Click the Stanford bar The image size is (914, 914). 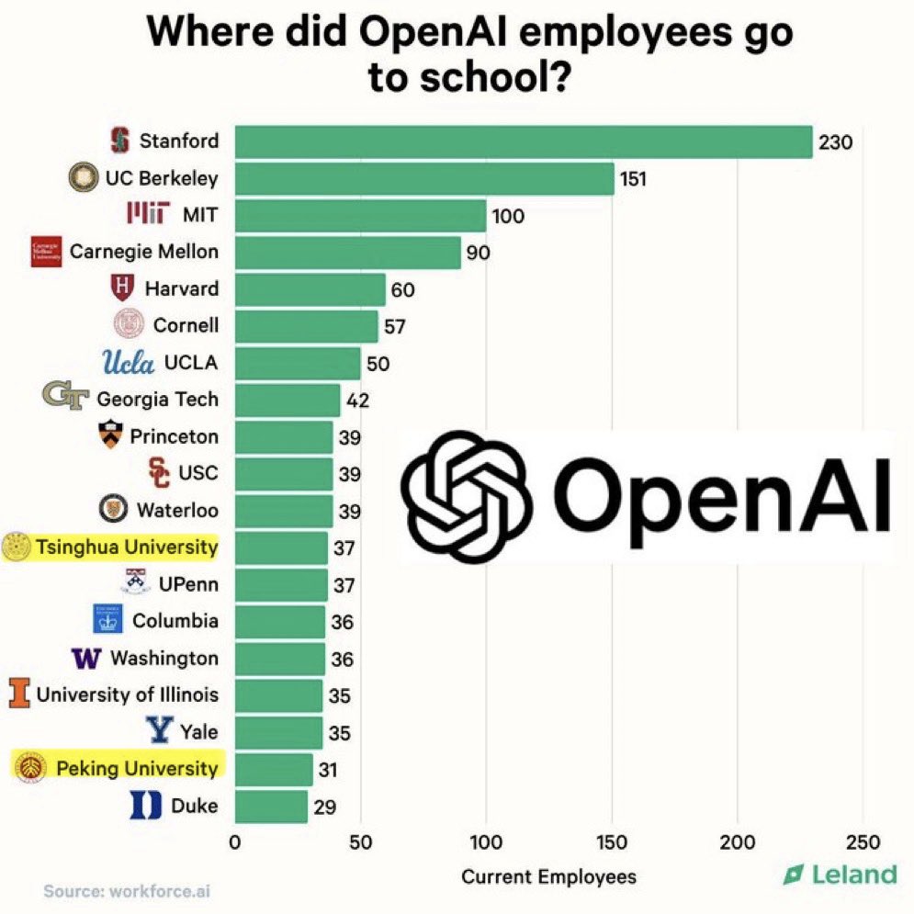pyautogui.click(x=524, y=141)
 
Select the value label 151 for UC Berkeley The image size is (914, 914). pyautogui.click(x=632, y=178)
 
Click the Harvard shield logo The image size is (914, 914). pyautogui.click(x=122, y=288)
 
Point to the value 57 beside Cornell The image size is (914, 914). pyautogui.click(x=396, y=326)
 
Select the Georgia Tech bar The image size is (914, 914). pyautogui.click(x=288, y=400)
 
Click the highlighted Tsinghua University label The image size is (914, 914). pyautogui.click(x=127, y=547)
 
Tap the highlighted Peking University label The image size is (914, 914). pyautogui.click(x=137, y=768)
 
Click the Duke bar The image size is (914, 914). pyautogui.click(x=271, y=806)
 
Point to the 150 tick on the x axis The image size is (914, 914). pyautogui.click(x=612, y=842)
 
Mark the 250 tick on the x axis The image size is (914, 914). pyautogui.click(x=862, y=842)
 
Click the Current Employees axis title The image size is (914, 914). pyautogui.click(x=548, y=876)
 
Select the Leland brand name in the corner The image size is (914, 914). pyautogui.click(x=853, y=875)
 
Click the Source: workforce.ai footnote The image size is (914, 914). pyautogui.click(x=128, y=891)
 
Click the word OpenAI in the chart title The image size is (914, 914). pyautogui.click(x=437, y=34)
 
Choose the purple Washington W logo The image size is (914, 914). pyautogui.click(x=85, y=659)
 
